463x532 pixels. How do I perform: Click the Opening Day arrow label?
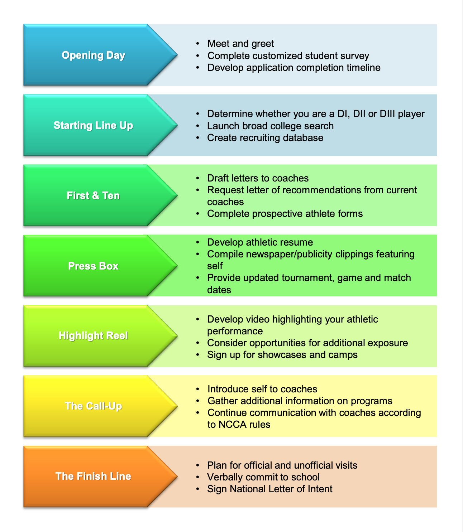[x=93, y=55]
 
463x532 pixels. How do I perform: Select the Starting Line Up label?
[x=93, y=125]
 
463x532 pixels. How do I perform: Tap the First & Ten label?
[x=93, y=195]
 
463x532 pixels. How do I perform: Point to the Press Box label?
[x=93, y=266]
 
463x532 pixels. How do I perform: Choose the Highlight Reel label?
[x=93, y=335]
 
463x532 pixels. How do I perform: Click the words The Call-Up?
[x=93, y=406]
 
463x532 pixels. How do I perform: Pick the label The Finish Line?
[x=93, y=476]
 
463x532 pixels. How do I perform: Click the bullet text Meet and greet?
[x=240, y=44]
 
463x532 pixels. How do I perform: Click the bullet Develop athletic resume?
[x=260, y=242]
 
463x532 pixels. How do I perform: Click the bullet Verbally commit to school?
[x=263, y=477]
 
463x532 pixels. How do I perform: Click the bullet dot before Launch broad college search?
[x=197, y=126]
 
